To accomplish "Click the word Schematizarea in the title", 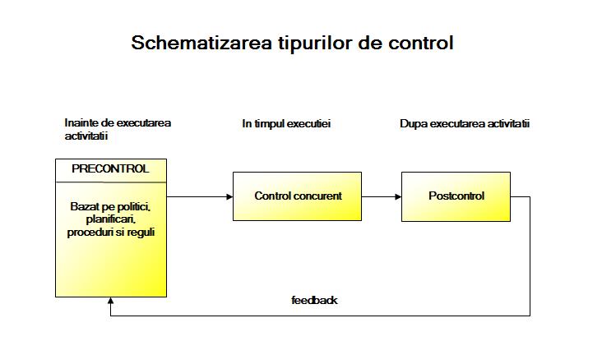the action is [x=201, y=43].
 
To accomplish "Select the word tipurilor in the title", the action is [x=316, y=44].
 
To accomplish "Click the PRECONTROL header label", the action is [x=110, y=168].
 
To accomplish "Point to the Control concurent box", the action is [x=297, y=196].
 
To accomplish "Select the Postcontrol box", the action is [x=456, y=196].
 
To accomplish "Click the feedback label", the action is [x=314, y=300].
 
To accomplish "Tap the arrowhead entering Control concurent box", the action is [x=229, y=196].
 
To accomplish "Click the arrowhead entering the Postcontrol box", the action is [x=398, y=196].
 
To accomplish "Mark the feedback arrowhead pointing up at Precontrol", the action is [x=110, y=301].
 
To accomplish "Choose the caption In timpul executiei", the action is [x=286, y=123].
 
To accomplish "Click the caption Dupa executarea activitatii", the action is [x=465, y=123].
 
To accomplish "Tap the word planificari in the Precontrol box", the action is [x=110, y=219].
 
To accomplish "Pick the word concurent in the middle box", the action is [x=317, y=196].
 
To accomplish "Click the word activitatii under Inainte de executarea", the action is [x=86, y=136].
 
